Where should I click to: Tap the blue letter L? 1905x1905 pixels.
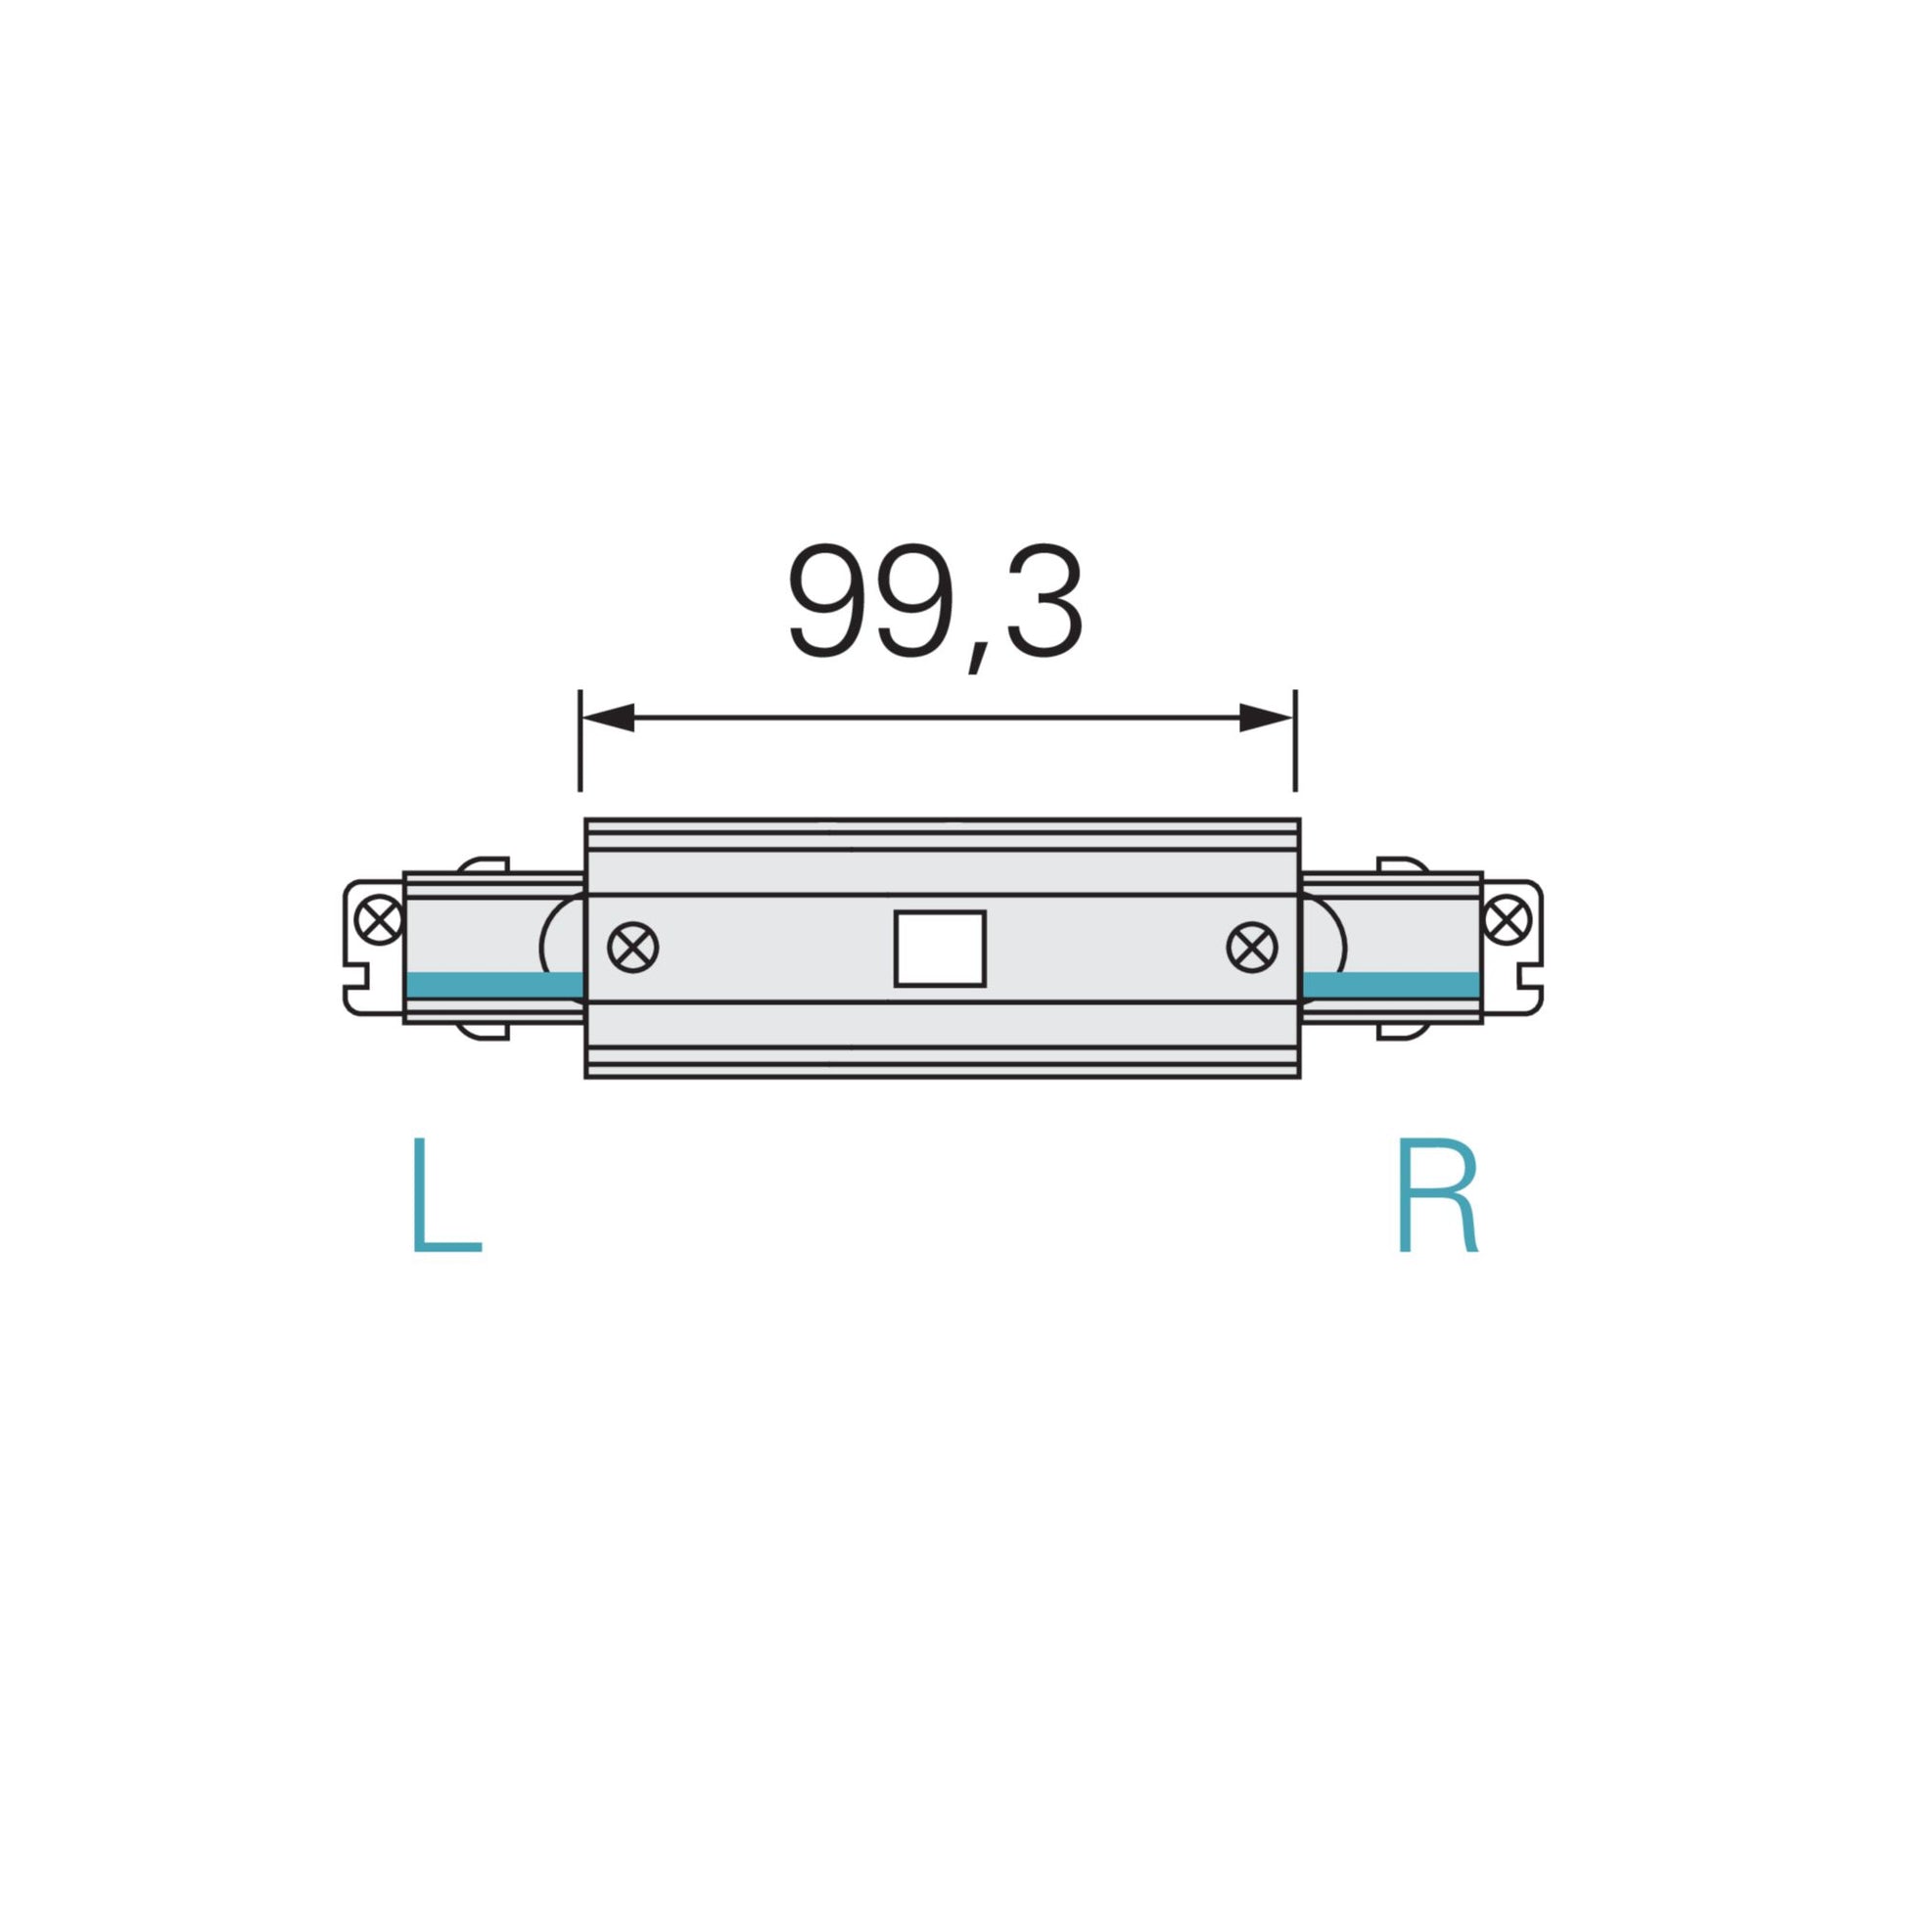point(445,1195)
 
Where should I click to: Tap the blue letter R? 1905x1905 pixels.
point(1439,1195)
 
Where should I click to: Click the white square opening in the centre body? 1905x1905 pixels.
point(940,949)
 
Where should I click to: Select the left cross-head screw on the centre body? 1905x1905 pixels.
point(633,949)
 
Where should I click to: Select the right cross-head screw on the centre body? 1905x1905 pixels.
point(1251,949)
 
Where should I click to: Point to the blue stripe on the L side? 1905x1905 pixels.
point(493,984)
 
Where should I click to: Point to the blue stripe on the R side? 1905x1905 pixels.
point(1391,984)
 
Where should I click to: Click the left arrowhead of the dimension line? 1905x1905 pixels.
point(606,718)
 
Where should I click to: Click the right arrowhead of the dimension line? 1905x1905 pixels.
point(1265,718)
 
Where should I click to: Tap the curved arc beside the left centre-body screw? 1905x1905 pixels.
point(558,949)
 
